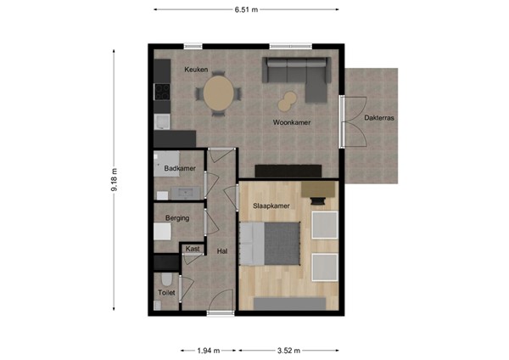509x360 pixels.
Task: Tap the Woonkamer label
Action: point(291,123)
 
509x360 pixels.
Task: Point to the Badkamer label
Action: point(180,169)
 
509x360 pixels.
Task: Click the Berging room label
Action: point(176,218)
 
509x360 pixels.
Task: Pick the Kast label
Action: point(193,249)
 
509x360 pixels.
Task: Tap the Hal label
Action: point(222,250)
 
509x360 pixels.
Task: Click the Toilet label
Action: point(165,293)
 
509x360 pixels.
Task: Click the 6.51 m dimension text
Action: point(246,9)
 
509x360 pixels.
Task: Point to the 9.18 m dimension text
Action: point(114,180)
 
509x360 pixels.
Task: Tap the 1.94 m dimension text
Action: point(208,350)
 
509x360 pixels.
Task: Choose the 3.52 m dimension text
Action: point(288,350)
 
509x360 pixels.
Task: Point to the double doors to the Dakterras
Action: point(343,122)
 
